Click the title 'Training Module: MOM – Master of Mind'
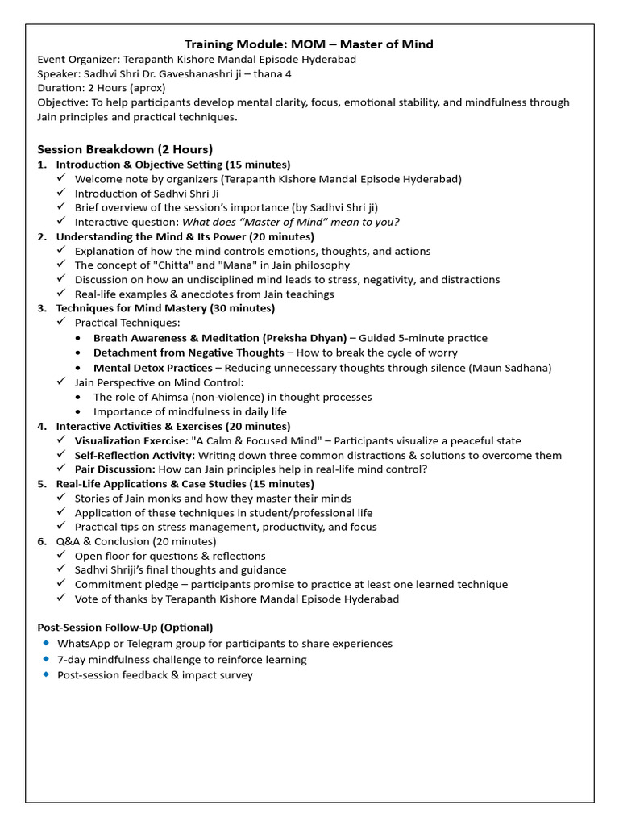point(309,44)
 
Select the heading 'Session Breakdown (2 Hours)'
point(125,149)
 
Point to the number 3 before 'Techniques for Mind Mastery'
point(41,308)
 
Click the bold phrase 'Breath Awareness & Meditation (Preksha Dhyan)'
point(220,338)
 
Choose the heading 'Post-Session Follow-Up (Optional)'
point(126,627)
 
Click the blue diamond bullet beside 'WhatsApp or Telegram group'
point(46,643)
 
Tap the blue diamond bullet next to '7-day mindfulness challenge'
point(46,659)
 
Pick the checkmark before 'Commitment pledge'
point(61,584)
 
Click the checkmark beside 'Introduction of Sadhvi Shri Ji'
point(61,194)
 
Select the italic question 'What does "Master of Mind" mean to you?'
point(291,223)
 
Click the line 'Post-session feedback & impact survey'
point(155,674)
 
